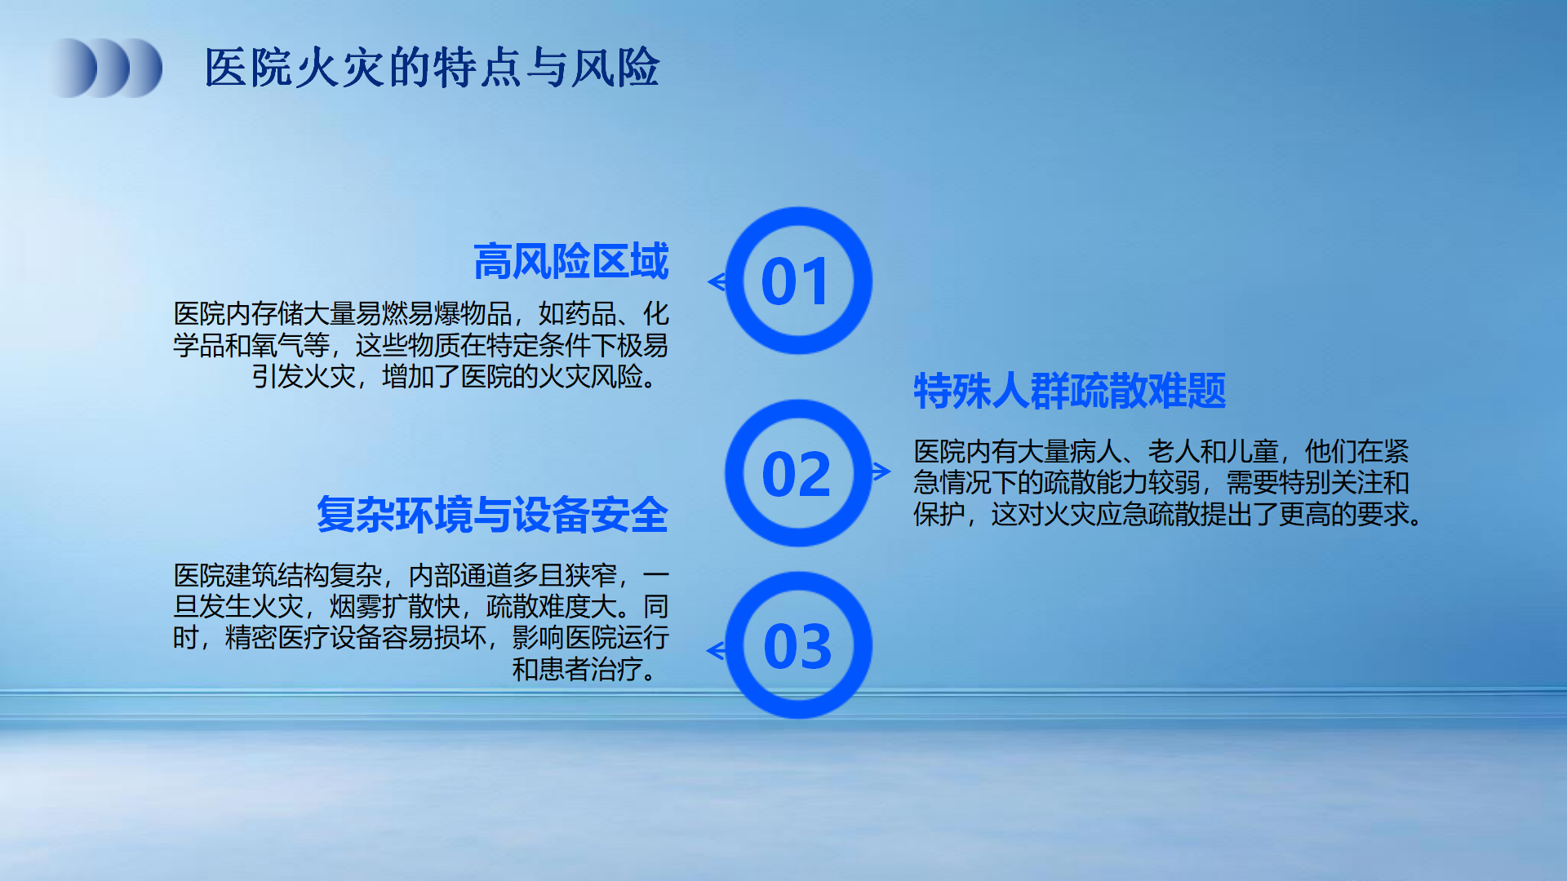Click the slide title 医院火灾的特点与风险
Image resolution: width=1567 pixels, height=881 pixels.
(x=432, y=67)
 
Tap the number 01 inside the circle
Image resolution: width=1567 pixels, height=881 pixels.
(x=795, y=282)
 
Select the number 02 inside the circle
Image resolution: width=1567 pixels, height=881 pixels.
(x=797, y=475)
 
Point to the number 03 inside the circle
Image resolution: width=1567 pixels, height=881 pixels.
(x=797, y=647)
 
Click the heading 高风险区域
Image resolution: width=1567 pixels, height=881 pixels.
(x=571, y=261)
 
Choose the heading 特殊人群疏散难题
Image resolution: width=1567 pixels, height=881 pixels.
(x=1070, y=391)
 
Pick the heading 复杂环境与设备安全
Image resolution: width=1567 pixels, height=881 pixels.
(x=493, y=515)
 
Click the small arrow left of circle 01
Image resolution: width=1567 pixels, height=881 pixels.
(x=717, y=282)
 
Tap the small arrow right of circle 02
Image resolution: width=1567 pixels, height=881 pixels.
(x=881, y=471)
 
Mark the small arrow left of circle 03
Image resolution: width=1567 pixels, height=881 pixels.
(x=716, y=650)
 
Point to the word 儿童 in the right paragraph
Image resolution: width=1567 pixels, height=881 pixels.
(x=1253, y=451)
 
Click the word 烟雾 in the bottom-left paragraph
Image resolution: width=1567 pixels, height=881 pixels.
(x=356, y=607)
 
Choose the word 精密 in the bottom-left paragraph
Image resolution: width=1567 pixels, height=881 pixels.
(x=251, y=638)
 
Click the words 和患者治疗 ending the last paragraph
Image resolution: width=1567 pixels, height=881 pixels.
(x=578, y=670)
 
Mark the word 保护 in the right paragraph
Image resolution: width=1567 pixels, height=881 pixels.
(x=939, y=515)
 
